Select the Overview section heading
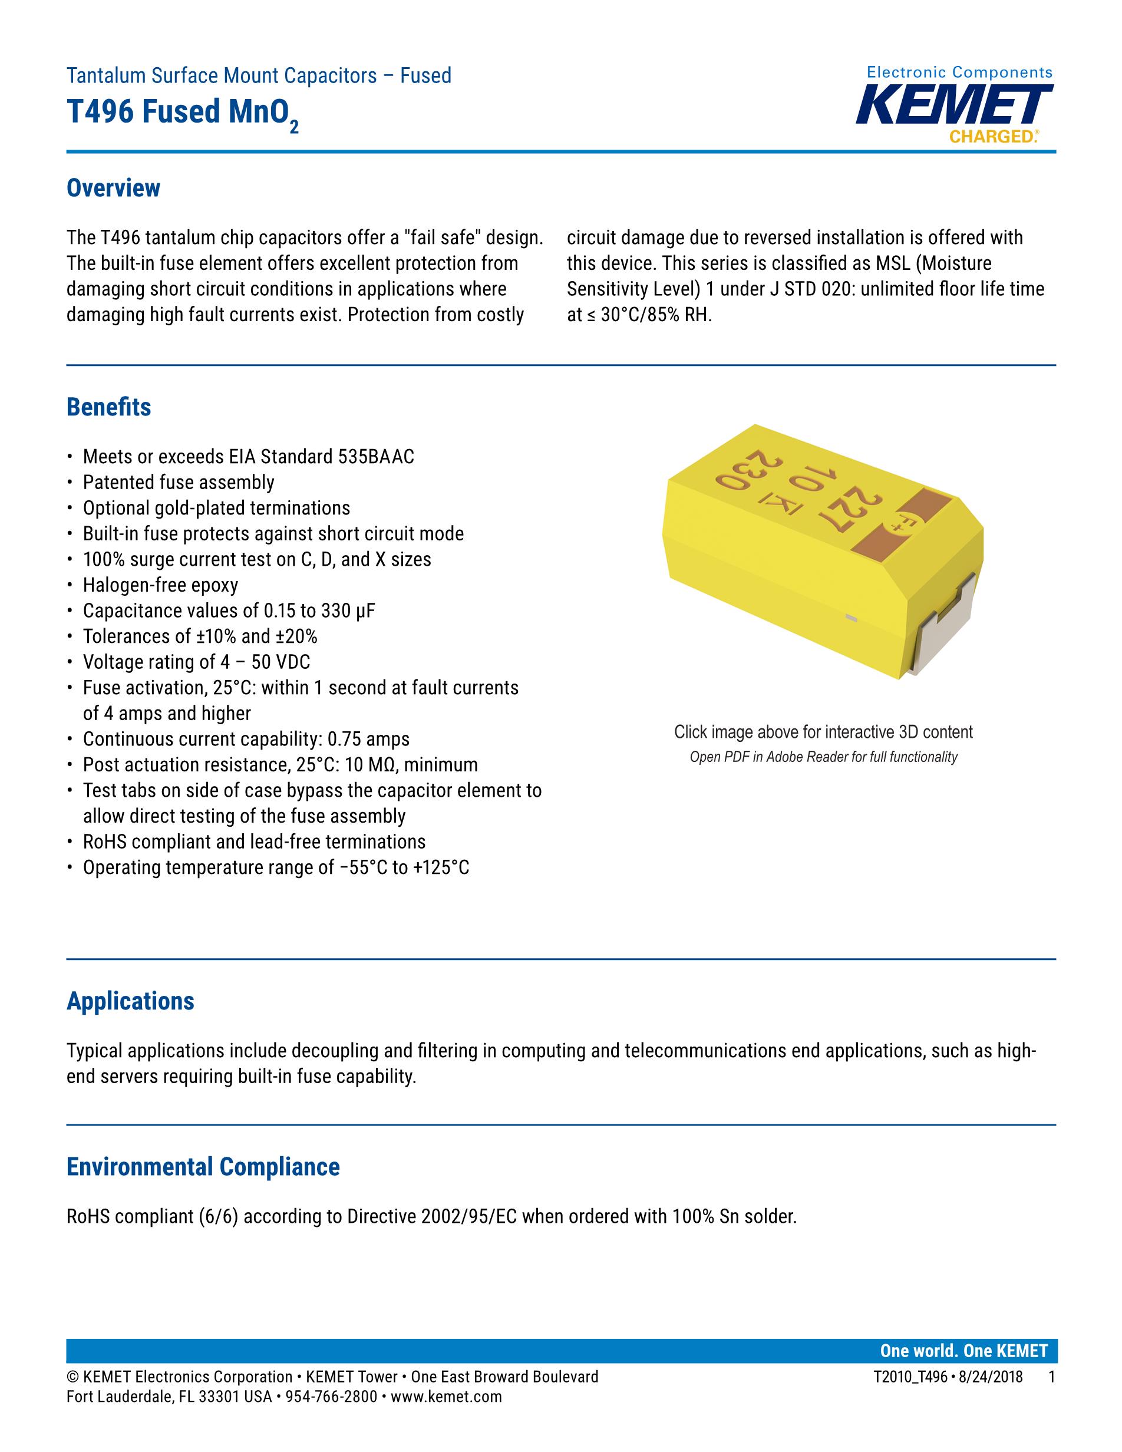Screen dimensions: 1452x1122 113,188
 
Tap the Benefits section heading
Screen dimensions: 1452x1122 108,407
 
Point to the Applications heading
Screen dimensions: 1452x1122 130,1001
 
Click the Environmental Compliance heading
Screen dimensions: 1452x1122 203,1166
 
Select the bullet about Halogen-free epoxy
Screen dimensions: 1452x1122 160,585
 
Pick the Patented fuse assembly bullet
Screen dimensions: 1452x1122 178,482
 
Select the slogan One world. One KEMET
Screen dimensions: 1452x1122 963,1350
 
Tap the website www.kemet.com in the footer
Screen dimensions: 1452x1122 446,1397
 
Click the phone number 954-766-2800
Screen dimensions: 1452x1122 331,1397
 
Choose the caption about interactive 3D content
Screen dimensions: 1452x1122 823,732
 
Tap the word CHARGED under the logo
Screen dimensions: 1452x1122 992,137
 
